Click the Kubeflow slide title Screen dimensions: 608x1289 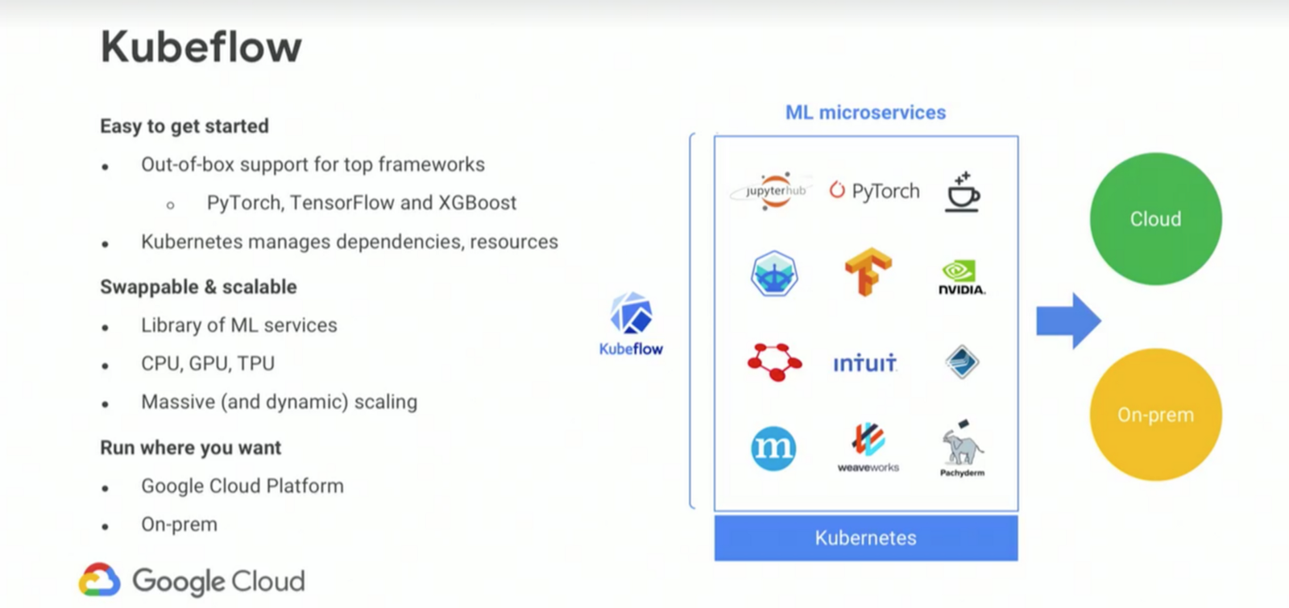coord(201,47)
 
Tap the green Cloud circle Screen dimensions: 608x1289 coord(1155,218)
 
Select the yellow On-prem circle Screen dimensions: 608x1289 coord(1155,414)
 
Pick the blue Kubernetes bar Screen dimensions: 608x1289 coord(865,537)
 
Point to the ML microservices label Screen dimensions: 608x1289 coord(865,113)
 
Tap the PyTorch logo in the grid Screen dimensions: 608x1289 coord(874,191)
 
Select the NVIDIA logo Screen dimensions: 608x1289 coord(961,276)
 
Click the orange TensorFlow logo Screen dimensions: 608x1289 coord(868,271)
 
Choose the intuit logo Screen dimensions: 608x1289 coord(864,363)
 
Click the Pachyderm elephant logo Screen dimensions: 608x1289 coord(962,448)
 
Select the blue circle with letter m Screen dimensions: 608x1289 coord(773,448)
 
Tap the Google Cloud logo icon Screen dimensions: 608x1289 coord(99,580)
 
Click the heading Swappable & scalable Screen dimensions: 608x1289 coord(198,287)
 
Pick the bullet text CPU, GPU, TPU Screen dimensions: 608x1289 coord(208,363)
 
